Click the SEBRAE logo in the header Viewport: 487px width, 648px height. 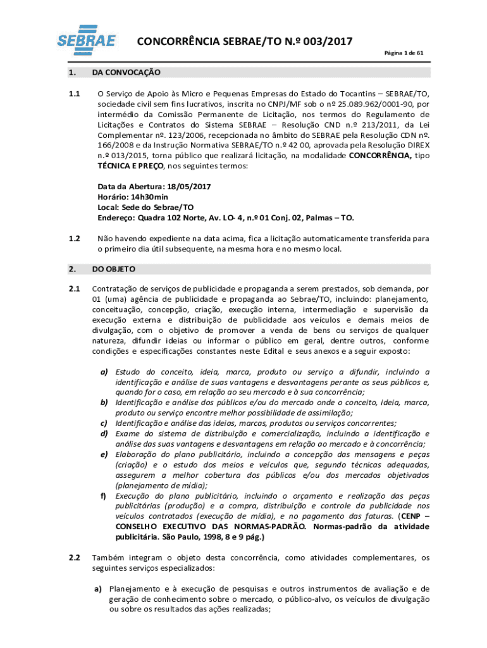87,40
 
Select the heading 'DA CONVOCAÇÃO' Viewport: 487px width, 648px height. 126,73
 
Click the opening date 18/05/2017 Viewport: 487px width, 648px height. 188,187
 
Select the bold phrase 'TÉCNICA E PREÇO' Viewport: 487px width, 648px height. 129,166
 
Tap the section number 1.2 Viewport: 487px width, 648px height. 74,239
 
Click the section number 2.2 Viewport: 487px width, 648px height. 74,558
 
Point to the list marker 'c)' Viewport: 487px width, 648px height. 103,423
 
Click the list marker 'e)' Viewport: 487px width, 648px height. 103,454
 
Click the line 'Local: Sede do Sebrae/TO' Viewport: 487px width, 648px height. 145,208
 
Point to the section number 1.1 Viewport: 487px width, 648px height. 74,94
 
